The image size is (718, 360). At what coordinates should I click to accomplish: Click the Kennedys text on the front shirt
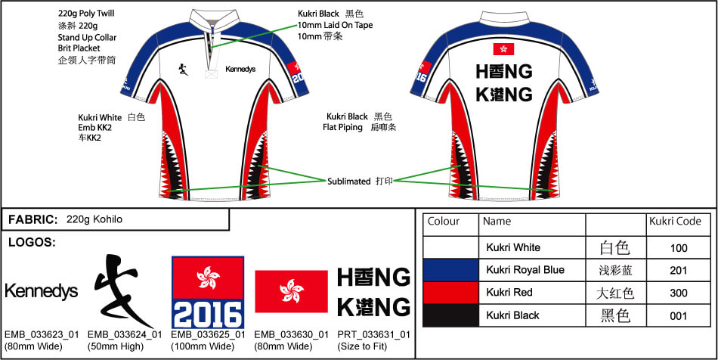(x=240, y=69)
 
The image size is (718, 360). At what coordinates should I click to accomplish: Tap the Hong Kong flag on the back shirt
(x=503, y=49)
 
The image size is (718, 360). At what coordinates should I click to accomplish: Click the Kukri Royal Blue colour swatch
(x=450, y=270)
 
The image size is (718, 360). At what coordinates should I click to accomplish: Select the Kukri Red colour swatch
(x=450, y=293)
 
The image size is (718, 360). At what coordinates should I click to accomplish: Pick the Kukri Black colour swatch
(x=450, y=315)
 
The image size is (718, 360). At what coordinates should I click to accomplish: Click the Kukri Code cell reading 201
(x=679, y=270)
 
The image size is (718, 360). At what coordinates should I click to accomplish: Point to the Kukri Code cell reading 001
(x=679, y=315)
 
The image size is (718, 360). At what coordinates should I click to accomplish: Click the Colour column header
(x=444, y=222)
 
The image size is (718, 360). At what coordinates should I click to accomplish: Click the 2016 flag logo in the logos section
(x=208, y=292)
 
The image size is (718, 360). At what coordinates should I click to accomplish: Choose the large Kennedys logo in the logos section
(x=41, y=291)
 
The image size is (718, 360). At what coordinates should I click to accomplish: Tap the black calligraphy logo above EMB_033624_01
(x=119, y=290)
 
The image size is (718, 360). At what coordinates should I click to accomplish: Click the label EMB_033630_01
(x=291, y=334)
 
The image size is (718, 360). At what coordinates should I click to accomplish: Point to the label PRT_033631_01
(x=373, y=334)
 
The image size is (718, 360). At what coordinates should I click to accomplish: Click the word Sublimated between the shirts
(x=348, y=182)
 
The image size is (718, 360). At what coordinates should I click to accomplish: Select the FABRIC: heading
(x=32, y=219)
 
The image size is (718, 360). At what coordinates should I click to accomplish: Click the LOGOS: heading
(x=30, y=243)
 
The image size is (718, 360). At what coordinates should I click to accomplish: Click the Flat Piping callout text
(x=347, y=127)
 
